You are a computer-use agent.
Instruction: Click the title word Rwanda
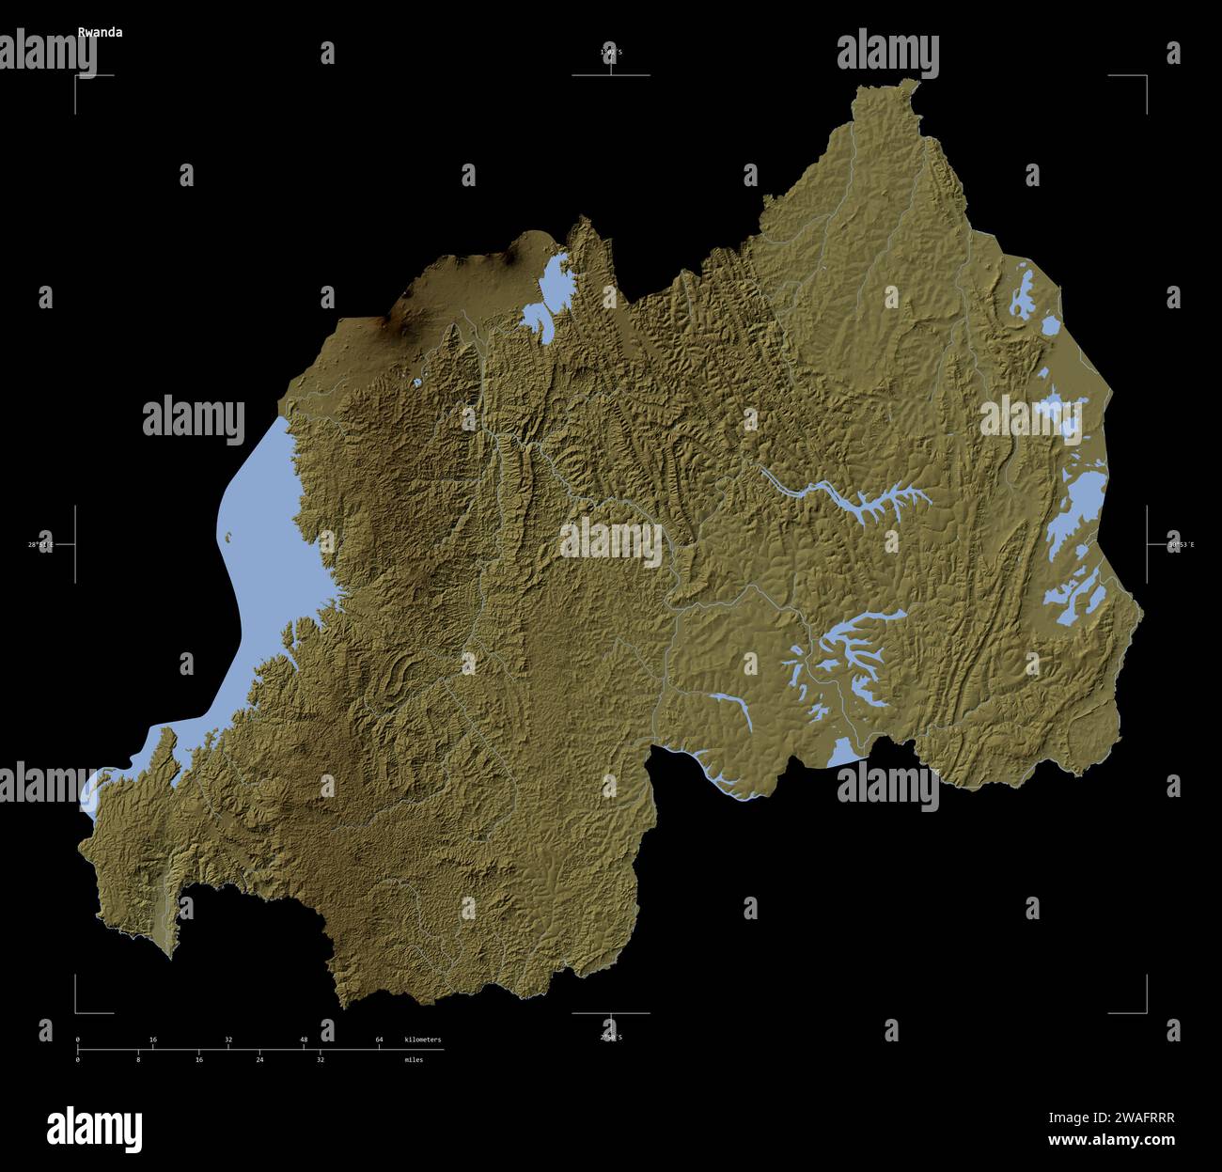pos(100,31)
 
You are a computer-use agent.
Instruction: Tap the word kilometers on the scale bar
pos(422,1039)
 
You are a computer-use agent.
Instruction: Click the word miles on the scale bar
pos(414,1059)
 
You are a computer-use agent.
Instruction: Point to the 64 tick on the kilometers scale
pos(379,1039)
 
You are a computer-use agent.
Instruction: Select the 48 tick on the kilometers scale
pos(304,1039)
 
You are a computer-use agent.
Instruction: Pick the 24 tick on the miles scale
pos(259,1059)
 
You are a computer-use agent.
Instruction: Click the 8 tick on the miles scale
pos(138,1059)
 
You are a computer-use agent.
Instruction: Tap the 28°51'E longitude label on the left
pos(40,544)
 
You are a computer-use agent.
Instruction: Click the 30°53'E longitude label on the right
pos(1181,544)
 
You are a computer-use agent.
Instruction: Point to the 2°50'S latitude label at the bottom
pos(611,1037)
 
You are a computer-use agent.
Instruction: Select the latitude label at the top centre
pos(611,52)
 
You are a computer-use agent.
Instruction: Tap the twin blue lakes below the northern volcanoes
pos(546,291)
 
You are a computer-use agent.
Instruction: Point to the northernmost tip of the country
pos(911,82)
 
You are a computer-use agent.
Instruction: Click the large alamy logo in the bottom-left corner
pos(94,1127)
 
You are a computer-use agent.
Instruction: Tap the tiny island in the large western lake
pos(227,538)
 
